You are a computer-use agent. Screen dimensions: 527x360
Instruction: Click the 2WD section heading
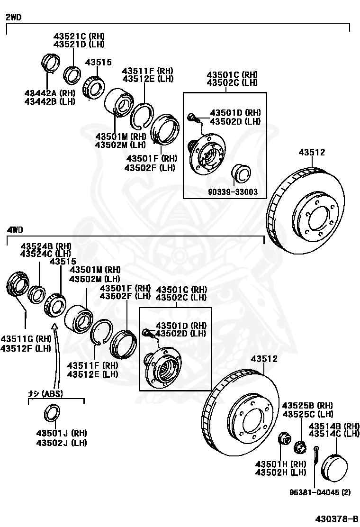pos(13,18)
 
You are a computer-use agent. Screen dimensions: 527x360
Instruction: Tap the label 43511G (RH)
pos(26,338)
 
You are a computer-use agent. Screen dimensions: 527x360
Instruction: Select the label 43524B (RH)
pos(45,246)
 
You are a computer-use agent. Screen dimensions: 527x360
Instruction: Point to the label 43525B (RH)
pos(307,405)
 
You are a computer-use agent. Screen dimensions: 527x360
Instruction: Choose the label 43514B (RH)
pos(334,426)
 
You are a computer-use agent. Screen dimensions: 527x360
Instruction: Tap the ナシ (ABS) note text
pos(45,393)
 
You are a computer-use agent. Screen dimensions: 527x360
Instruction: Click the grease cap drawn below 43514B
pos(334,467)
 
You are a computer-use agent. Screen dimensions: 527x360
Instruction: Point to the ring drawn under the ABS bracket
pos(52,413)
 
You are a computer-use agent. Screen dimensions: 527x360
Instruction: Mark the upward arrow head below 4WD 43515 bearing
pos(55,326)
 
